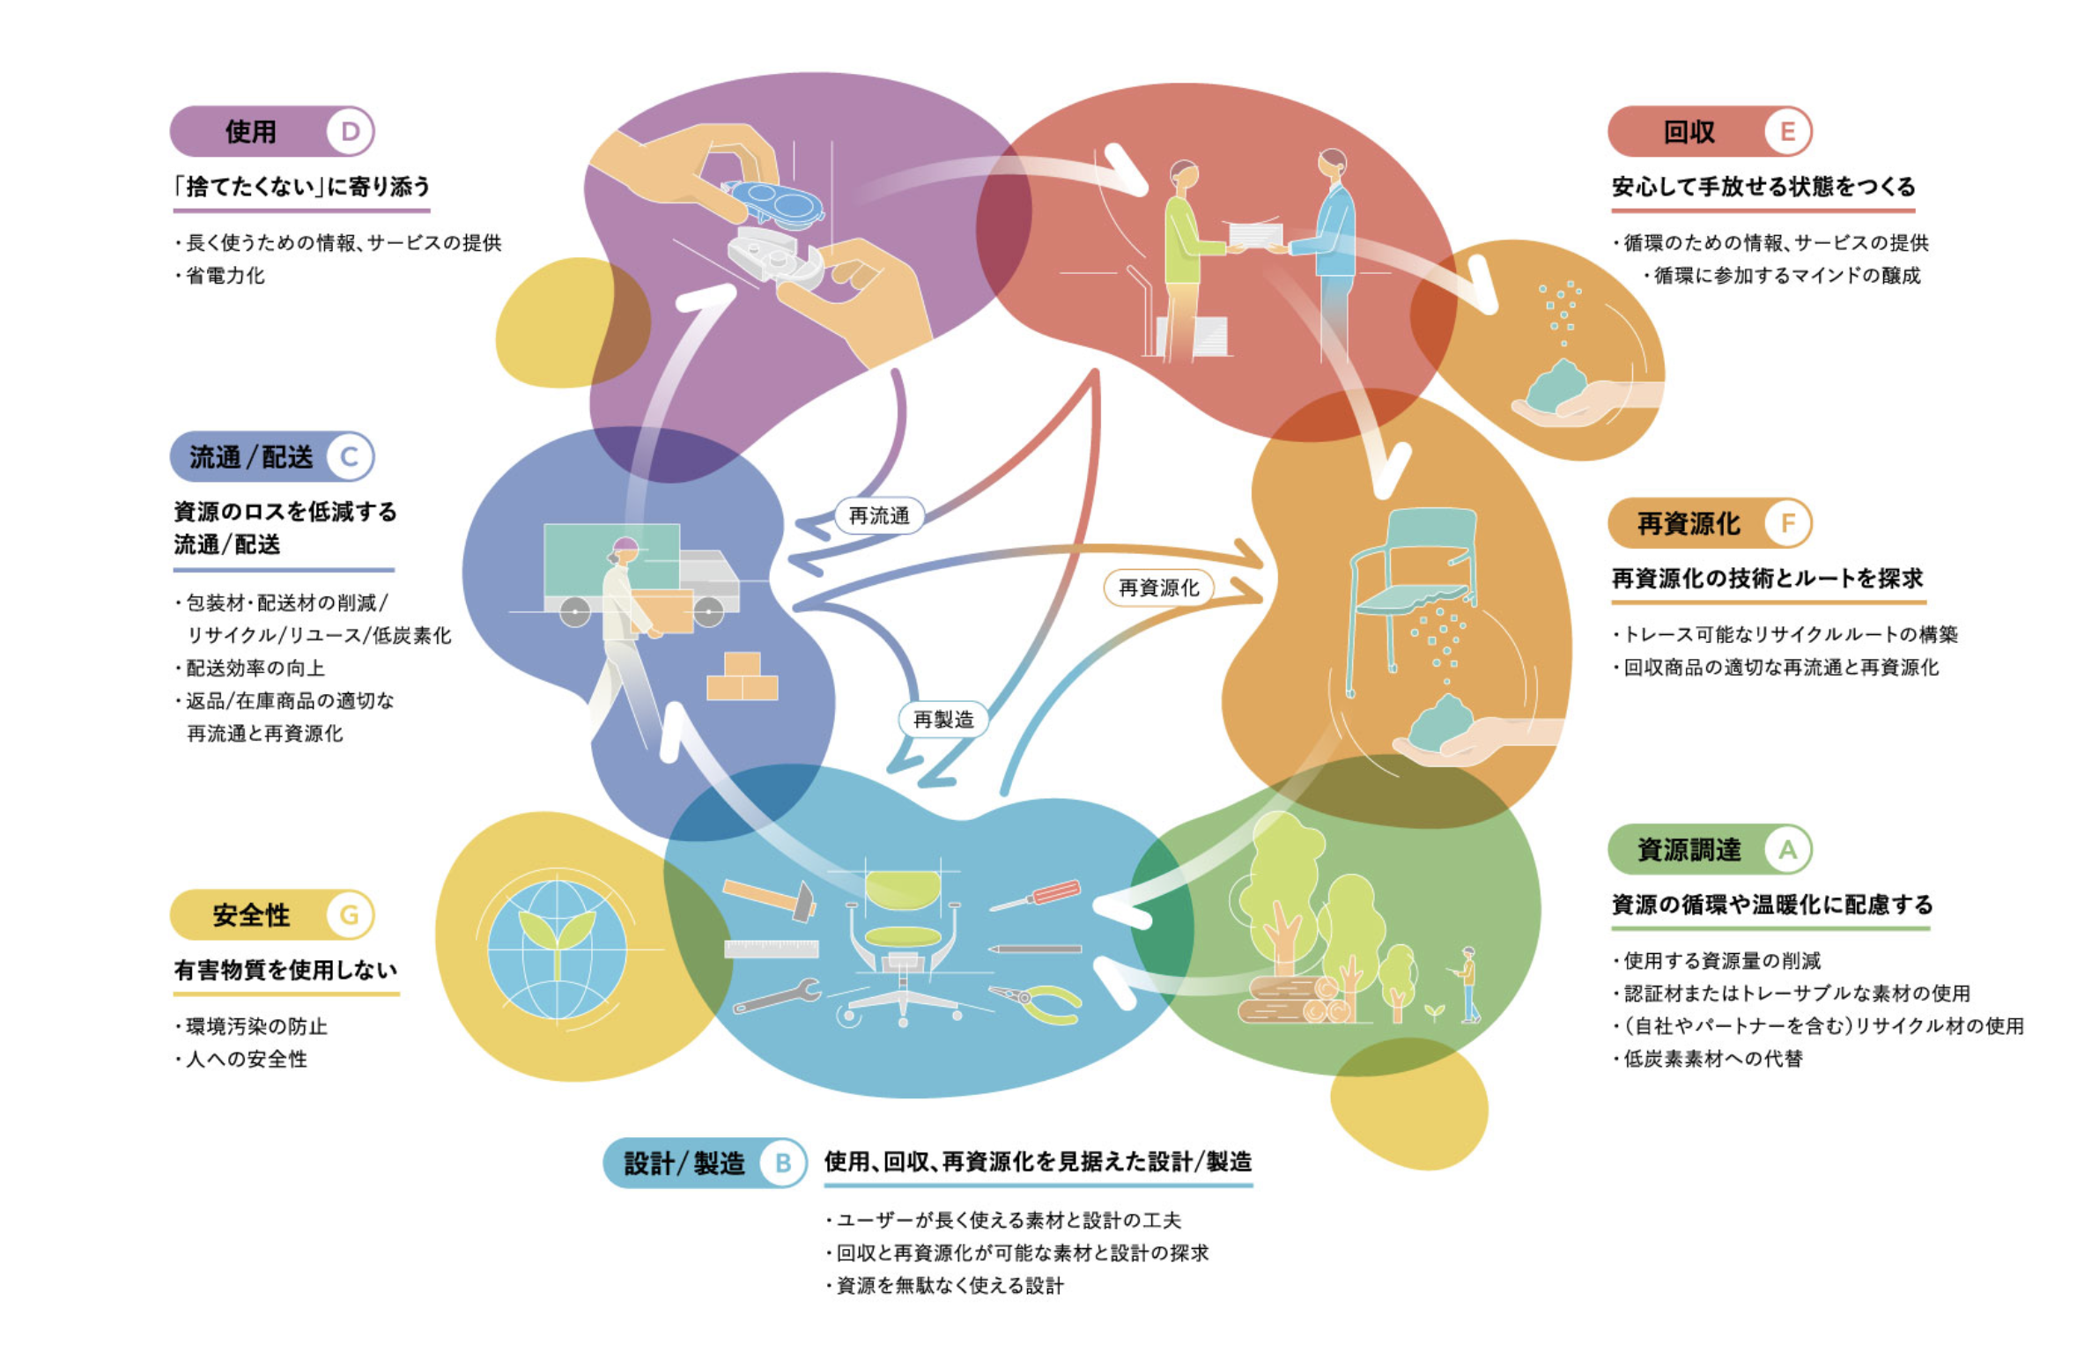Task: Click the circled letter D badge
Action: point(350,131)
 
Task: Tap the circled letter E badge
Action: point(1787,131)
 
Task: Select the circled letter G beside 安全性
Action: point(350,914)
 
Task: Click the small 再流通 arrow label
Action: point(878,515)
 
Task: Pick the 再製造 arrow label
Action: point(942,719)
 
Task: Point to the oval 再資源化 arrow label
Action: point(1158,588)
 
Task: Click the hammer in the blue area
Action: point(770,898)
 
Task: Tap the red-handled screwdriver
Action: point(1035,896)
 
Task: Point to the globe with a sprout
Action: point(557,949)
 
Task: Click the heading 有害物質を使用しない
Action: point(285,970)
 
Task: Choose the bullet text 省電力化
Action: point(225,276)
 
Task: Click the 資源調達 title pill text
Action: point(1689,849)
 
